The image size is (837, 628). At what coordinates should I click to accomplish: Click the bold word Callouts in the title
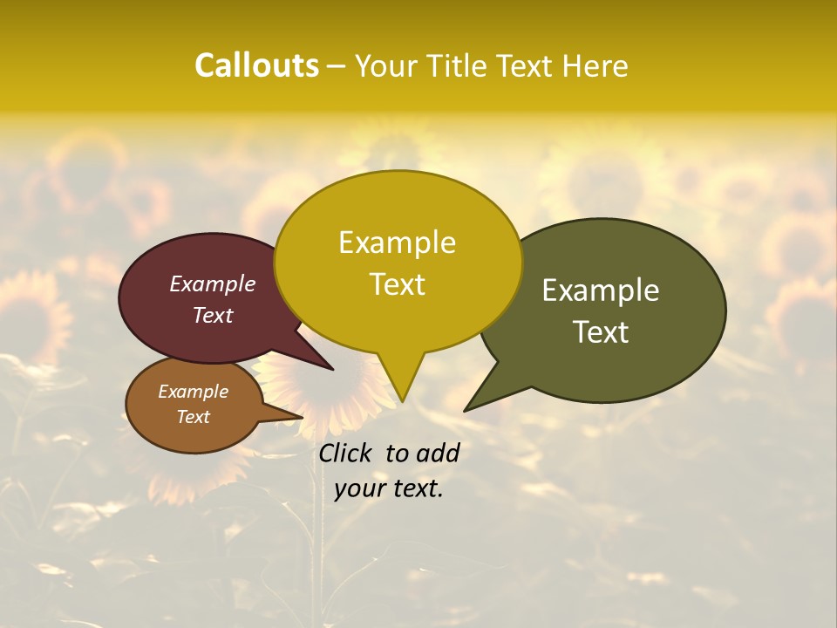click(256, 65)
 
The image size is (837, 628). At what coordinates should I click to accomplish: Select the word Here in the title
click(595, 65)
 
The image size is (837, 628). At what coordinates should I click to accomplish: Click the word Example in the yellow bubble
click(397, 242)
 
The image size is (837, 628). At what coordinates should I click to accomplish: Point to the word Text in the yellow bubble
click(397, 284)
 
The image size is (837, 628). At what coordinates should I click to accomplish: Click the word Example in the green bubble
click(601, 290)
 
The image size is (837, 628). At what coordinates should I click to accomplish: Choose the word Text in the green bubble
click(601, 332)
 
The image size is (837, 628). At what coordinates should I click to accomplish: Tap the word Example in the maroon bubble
click(213, 283)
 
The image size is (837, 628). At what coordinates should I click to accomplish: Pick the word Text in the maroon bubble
click(213, 315)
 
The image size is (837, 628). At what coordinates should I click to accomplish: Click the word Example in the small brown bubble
click(193, 392)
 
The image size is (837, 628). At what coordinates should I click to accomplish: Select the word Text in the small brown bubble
click(193, 417)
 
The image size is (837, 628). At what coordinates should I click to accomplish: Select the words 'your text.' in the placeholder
click(389, 489)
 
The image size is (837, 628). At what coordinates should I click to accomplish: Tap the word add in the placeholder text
click(439, 453)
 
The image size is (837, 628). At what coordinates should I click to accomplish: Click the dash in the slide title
click(337, 65)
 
